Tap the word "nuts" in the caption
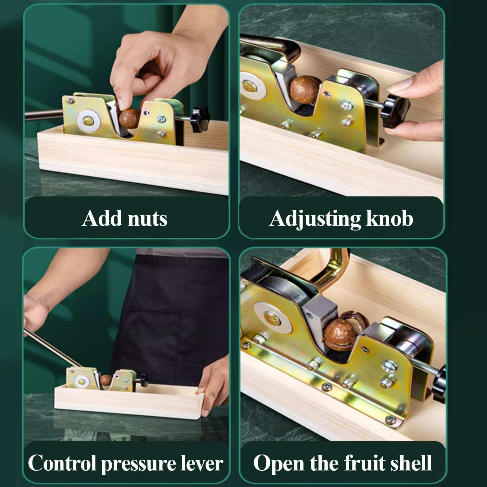pyautogui.click(x=147, y=219)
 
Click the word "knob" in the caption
pyautogui.click(x=390, y=218)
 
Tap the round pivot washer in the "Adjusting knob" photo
pyautogui.click(x=251, y=85)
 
